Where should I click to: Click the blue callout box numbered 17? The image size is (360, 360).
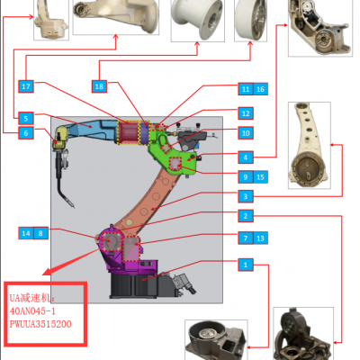click(x=26, y=86)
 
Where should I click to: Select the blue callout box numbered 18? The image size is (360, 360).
click(x=99, y=86)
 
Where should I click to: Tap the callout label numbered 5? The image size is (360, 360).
click(x=26, y=118)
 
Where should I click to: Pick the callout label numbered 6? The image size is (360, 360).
click(x=26, y=133)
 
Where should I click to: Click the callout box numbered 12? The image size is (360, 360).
click(x=246, y=113)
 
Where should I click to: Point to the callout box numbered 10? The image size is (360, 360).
click(x=246, y=133)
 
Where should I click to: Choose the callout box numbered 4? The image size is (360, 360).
click(x=246, y=157)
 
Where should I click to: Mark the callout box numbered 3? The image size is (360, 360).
click(x=246, y=196)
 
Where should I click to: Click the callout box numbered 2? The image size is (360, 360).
click(x=246, y=216)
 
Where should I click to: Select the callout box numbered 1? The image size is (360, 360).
click(x=246, y=265)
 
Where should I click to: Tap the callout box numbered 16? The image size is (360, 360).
click(x=260, y=89)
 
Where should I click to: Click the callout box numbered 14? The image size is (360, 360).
click(x=26, y=233)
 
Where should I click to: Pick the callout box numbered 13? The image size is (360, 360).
click(x=260, y=238)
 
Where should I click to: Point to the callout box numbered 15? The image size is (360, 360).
click(x=260, y=177)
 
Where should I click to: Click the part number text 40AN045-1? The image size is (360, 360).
click(x=32, y=311)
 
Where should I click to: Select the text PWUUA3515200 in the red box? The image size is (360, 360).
click(x=40, y=324)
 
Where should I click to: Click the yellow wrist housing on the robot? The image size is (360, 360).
click(x=61, y=138)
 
